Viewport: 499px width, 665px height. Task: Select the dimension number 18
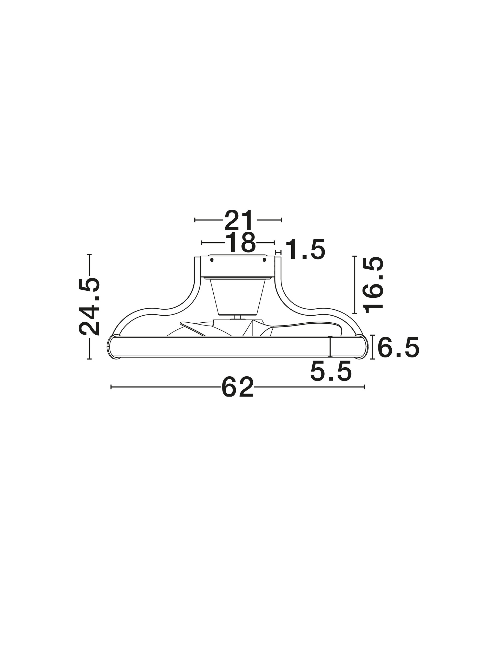coord(240,242)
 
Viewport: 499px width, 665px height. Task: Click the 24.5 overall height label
coord(89,306)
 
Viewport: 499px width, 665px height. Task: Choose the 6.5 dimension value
coord(398,347)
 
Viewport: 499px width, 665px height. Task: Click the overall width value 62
coord(237,387)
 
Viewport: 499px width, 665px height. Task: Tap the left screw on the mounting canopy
coord(212,260)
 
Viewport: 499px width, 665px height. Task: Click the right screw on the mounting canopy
coord(264,260)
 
